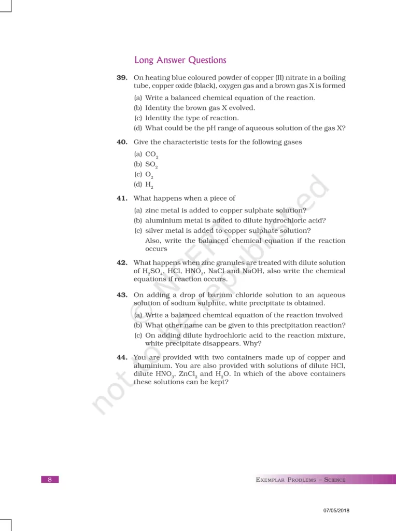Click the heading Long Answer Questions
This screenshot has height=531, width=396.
[180, 60]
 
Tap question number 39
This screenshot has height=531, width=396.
[122, 78]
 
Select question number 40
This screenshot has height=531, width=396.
[122, 142]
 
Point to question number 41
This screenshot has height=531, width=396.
[122, 198]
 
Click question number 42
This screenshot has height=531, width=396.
[122, 263]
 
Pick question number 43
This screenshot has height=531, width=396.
[122, 295]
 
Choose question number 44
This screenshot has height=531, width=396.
[122, 358]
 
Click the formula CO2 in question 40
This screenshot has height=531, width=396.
[151, 155]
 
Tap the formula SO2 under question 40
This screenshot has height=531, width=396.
[151, 165]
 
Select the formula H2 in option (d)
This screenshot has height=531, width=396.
[149, 185]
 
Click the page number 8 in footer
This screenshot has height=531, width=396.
[50, 480]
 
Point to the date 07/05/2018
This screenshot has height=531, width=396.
[336, 511]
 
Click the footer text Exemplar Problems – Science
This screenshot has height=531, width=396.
[301, 480]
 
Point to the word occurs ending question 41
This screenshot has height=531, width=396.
[156, 249]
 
